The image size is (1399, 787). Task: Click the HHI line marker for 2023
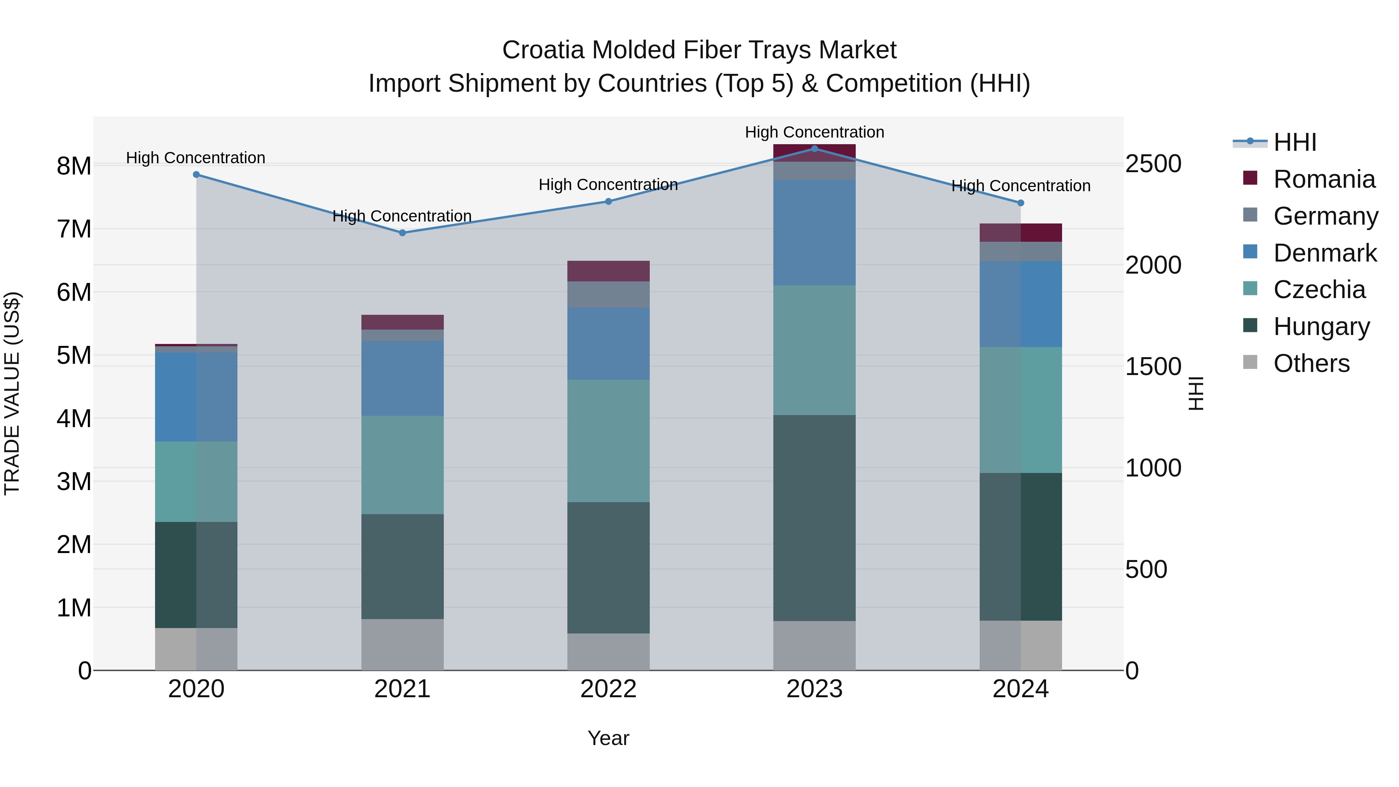tap(814, 148)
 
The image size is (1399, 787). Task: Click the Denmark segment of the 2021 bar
tap(403, 378)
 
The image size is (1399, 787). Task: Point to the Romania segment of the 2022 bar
tap(608, 270)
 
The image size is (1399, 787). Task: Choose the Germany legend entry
tap(1325, 216)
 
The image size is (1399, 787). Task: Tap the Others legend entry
tap(1311, 363)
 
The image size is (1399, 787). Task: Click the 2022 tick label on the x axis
tap(608, 689)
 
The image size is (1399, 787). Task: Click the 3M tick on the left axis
tap(74, 481)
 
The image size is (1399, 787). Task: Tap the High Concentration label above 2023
tap(814, 132)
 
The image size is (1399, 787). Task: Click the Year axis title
tap(608, 738)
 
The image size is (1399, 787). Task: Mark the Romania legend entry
tap(1324, 179)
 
